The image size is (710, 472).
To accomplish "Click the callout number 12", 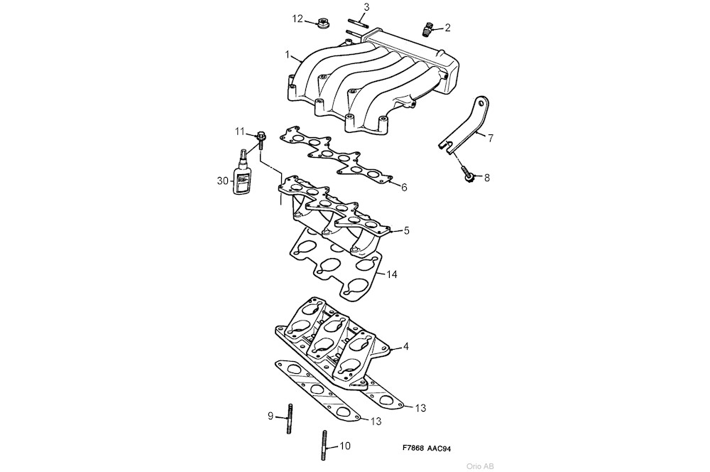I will pos(297,18).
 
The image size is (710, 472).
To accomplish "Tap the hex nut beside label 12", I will pos(322,24).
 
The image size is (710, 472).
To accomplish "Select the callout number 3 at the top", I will pos(366,7).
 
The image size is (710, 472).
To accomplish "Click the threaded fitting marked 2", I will pos(427,29).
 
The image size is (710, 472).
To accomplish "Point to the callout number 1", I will pos(288,55).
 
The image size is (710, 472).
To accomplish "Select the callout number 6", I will pos(403,188).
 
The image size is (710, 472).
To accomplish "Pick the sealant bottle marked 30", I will pos(243,176).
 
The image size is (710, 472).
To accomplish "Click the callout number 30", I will pos(222,181).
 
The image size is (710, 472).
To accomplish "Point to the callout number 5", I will pos(407,230).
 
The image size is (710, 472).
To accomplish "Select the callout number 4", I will pos(405,347).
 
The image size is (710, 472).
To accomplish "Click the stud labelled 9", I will pos(290,419).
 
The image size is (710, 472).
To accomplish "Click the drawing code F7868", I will pos(414,449).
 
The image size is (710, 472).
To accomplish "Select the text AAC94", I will pos(440,449).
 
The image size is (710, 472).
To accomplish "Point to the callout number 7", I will pos(490,137).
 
